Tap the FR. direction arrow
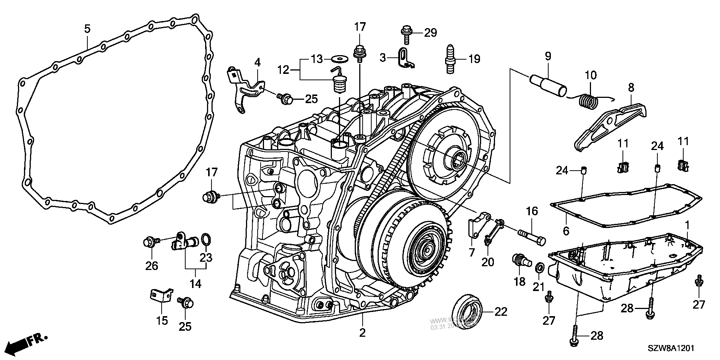click(28, 342)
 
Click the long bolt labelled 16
click(531, 238)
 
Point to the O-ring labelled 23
click(205, 239)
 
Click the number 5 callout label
click(87, 29)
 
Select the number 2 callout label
click(362, 332)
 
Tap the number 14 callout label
click(195, 284)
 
